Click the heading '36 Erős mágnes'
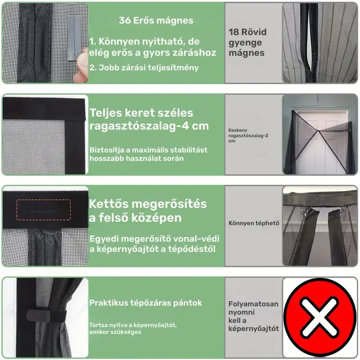click(156, 20)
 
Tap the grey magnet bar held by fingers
click(74, 38)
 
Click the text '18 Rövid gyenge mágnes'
click(247, 42)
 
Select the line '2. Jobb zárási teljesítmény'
click(144, 68)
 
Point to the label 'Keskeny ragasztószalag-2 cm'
click(248, 135)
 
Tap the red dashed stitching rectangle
click(44, 210)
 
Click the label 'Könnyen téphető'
click(254, 223)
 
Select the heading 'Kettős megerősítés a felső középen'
click(148, 211)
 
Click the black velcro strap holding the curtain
click(46, 315)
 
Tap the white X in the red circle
click(320, 318)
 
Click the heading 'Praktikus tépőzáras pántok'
click(145, 303)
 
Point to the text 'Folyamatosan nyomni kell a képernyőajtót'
click(253, 316)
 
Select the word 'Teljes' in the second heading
click(106, 113)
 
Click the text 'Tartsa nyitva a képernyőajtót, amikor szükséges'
click(133, 328)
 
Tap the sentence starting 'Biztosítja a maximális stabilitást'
click(148, 154)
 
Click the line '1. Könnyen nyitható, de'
click(144, 41)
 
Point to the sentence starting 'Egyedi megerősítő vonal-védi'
click(154, 244)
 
